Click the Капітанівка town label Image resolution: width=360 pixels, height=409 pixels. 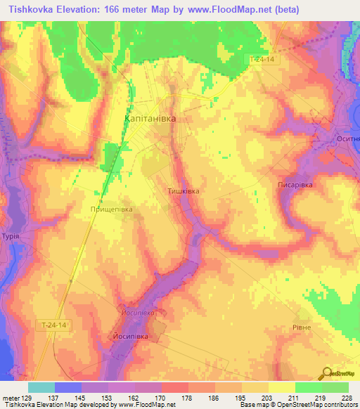(x=150, y=119)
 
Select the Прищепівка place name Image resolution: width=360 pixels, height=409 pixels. (x=111, y=209)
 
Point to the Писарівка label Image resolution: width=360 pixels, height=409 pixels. (x=293, y=184)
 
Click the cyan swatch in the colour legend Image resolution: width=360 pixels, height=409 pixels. (x=41, y=387)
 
